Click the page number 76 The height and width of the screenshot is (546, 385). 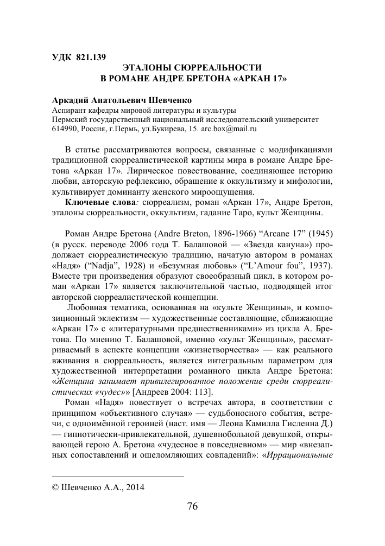(192, 506)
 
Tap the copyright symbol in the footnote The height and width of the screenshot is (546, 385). (55, 487)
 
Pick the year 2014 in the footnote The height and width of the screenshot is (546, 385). (136, 487)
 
